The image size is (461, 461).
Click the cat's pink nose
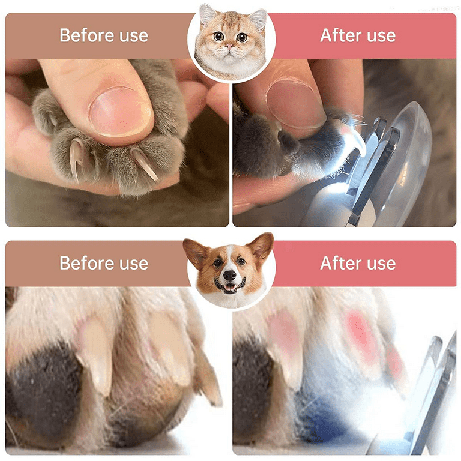tap(229, 46)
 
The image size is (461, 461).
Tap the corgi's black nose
tap(229, 275)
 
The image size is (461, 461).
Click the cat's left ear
tap(207, 14)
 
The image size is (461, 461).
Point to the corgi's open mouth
tap(230, 286)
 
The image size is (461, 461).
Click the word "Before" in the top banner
tap(87, 35)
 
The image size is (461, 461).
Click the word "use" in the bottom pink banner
tap(381, 263)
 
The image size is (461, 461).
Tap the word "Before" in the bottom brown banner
tap(87, 263)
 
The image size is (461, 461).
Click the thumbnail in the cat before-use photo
tap(121, 112)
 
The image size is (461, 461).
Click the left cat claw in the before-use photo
tap(75, 158)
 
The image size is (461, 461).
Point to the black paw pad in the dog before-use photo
tap(44, 391)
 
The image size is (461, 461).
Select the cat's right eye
tap(242, 37)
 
